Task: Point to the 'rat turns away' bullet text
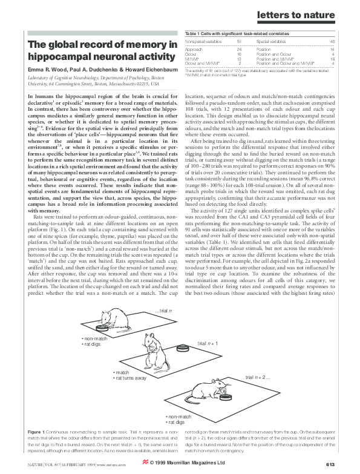(x=131, y=378)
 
